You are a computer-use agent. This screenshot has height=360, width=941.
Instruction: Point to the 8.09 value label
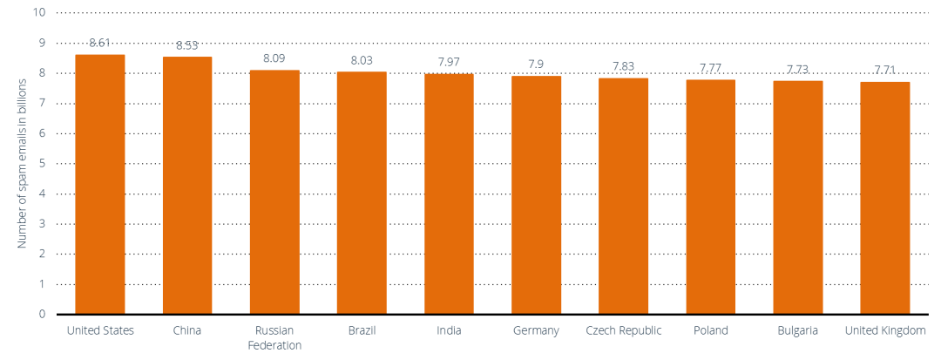click(274, 58)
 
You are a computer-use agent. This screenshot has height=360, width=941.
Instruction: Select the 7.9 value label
click(537, 64)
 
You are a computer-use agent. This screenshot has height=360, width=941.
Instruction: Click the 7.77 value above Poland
click(711, 68)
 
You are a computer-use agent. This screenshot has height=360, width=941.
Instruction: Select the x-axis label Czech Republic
click(624, 331)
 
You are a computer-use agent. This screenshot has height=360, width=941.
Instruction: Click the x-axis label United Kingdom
click(885, 331)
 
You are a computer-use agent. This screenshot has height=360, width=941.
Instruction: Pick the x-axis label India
click(450, 331)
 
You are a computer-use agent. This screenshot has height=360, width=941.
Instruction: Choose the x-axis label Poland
click(711, 331)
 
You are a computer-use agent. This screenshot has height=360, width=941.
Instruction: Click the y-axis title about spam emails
click(23, 163)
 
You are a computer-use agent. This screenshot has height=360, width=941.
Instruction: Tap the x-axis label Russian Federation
click(274, 338)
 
